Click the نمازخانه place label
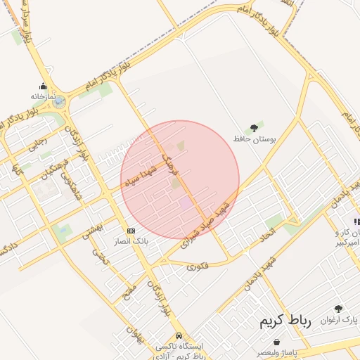click(42, 96)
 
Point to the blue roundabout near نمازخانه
click(59, 102)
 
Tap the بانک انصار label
click(131, 241)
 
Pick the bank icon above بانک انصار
click(131, 231)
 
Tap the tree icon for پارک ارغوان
click(339, 309)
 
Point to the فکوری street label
click(198, 266)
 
